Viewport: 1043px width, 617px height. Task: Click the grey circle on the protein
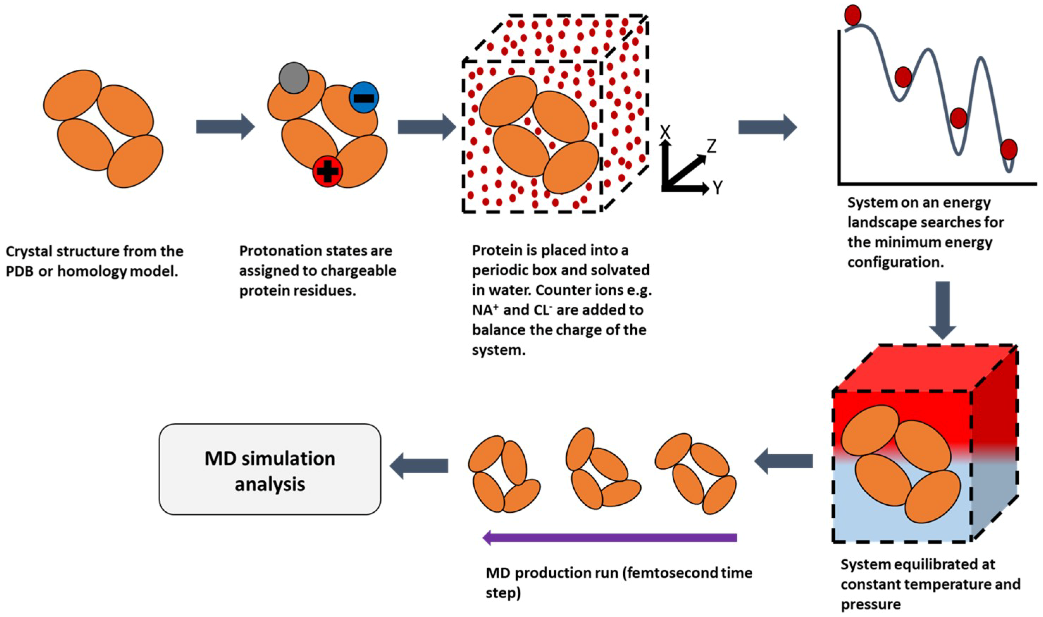click(x=294, y=78)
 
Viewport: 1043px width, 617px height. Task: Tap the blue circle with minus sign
click(x=364, y=98)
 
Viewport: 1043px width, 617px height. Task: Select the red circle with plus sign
click(x=328, y=171)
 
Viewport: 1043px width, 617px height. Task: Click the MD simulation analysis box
click(x=270, y=470)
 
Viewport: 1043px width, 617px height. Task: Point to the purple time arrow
click(x=609, y=538)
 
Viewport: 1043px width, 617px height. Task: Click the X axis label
click(x=665, y=132)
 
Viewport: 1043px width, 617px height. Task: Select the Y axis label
click(x=717, y=188)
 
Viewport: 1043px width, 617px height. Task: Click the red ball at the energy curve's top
click(x=852, y=15)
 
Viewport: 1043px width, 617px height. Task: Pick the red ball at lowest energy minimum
click(x=1009, y=149)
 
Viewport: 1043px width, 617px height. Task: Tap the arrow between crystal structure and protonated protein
click(x=225, y=126)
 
